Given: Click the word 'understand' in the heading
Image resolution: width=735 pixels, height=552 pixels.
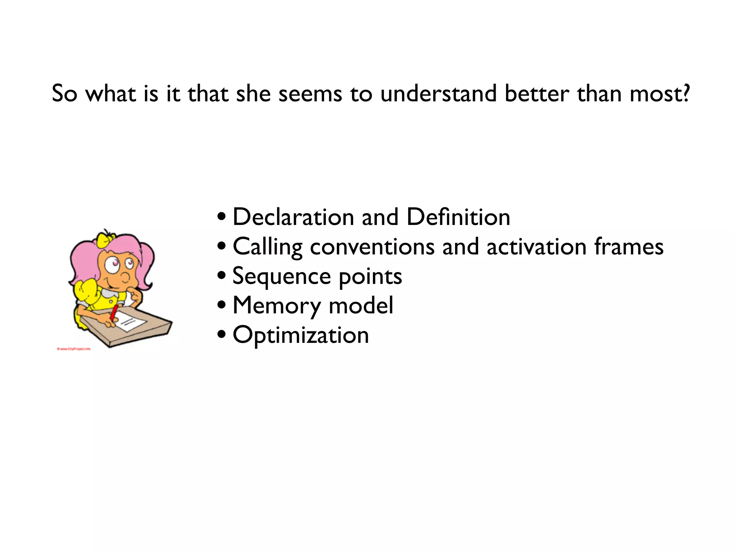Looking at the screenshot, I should pos(439,94).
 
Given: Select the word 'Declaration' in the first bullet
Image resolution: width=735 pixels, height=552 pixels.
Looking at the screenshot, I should pos(293,217).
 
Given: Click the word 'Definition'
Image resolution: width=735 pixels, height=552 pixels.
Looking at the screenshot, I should pos(458,217).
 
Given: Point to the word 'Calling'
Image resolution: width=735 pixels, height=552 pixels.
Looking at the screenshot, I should pos(267,247).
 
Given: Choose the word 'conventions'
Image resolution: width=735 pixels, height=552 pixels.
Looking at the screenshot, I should pos(372,247).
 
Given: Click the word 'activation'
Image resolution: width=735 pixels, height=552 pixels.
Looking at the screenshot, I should pos(536,247).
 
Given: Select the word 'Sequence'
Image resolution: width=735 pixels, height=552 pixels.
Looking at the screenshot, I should pos(282,277).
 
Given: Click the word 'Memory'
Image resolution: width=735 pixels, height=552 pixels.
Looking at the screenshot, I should pos(277,306).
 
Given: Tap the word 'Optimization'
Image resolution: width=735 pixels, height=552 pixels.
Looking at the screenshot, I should pos(301,336).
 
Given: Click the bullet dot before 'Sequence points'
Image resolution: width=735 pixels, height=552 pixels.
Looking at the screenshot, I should pos(222,276).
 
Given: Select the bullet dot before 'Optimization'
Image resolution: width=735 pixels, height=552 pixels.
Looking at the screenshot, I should pos(222,335).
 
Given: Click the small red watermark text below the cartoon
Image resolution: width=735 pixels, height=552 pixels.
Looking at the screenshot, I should pos(74,349).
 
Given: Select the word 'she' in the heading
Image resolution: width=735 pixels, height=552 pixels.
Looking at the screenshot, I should pos(253,94).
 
